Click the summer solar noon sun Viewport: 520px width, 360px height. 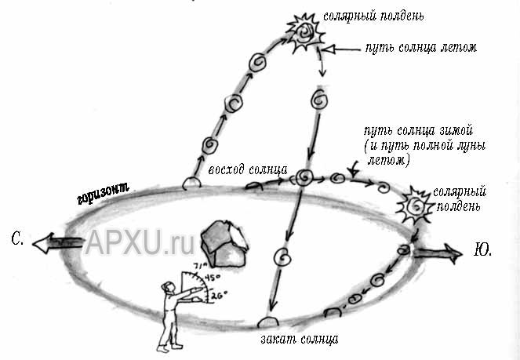(305, 33)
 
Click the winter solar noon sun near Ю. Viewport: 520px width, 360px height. (416, 206)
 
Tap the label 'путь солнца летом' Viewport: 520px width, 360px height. (421, 48)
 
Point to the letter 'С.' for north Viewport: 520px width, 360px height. (17, 238)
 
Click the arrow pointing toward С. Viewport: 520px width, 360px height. (57, 242)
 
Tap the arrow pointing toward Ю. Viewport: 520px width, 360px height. (437, 253)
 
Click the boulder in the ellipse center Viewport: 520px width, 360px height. (224, 244)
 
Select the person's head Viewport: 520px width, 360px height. (168, 287)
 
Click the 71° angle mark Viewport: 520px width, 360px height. (201, 266)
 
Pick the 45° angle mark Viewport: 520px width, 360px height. (212, 277)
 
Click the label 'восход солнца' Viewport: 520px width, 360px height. (248, 169)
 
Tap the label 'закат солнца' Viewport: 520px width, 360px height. (300, 340)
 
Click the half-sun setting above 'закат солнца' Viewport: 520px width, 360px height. (268, 322)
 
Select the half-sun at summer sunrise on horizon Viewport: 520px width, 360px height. (191, 184)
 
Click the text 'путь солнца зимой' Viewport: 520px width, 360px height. (419, 131)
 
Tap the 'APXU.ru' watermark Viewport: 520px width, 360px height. (140, 242)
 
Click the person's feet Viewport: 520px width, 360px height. (169, 347)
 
